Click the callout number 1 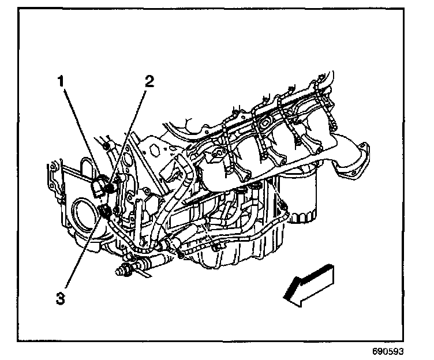point(59,82)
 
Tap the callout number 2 point(149,81)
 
